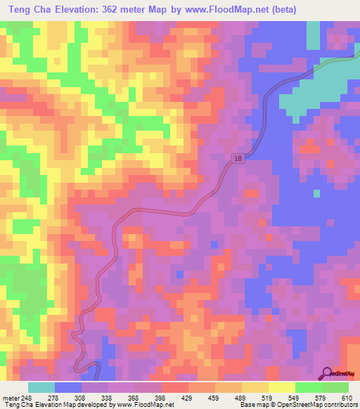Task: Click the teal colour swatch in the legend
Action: pyautogui.click(x=41, y=387)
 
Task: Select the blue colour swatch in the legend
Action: pyautogui.click(x=67, y=387)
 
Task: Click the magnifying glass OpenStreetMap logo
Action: pyautogui.click(x=328, y=373)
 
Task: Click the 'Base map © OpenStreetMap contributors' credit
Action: pyautogui.click(x=299, y=405)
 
